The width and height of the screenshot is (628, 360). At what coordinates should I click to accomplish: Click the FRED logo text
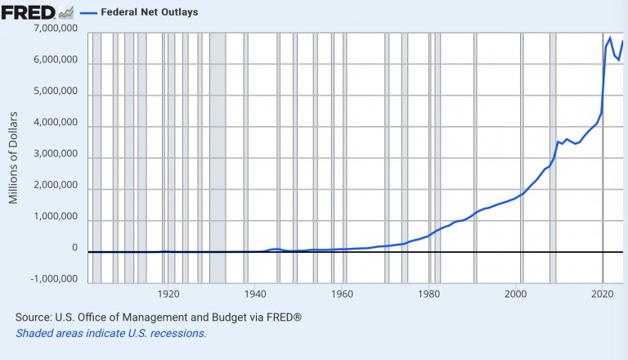pos(28,12)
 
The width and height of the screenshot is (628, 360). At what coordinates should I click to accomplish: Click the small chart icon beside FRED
pos(65,12)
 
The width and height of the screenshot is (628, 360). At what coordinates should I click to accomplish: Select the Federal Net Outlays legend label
pos(149,12)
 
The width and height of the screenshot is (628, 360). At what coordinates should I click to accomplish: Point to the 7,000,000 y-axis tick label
pos(53,30)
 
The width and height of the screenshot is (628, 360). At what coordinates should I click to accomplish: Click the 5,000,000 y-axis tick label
pos(53,93)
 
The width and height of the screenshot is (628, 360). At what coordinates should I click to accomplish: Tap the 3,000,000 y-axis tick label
pos(53,156)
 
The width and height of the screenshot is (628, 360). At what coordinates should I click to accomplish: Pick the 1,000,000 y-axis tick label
pos(53,219)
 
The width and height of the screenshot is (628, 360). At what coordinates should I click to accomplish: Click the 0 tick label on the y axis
pos(74,248)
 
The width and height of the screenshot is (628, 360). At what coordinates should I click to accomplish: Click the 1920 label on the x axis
pos(168,293)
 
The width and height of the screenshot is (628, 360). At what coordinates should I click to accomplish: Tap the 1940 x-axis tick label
pos(255,293)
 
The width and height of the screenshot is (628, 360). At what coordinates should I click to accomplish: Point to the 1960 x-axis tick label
pos(343,293)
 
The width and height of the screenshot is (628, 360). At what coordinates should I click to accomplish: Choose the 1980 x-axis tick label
pos(430,293)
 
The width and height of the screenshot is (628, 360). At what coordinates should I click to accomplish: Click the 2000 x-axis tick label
pos(517,293)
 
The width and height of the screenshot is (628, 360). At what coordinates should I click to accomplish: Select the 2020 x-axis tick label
pos(603,293)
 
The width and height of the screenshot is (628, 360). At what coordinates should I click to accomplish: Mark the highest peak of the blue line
pos(610,38)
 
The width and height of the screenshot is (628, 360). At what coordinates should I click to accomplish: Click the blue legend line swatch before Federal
pos(87,12)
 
